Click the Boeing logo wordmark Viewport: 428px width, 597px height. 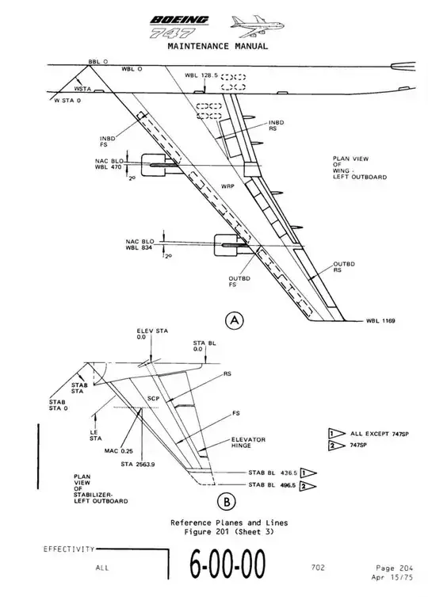(x=179, y=20)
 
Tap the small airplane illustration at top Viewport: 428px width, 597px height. (x=257, y=26)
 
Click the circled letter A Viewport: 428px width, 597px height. (x=235, y=320)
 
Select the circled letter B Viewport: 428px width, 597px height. (x=227, y=501)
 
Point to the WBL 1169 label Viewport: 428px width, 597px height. (x=380, y=320)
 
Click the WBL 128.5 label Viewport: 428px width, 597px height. (x=201, y=75)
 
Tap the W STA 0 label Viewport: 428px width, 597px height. (x=67, y=101)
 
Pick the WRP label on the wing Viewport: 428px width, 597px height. (x=227, y=186)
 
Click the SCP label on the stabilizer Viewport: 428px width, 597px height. (x=153, y=399)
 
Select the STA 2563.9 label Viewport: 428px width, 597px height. (x=137, y=464)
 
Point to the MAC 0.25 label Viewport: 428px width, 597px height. (x=118, y=451)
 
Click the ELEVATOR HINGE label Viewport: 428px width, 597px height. (x=248, y=442)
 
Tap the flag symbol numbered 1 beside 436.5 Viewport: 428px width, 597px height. (x=308, y=473)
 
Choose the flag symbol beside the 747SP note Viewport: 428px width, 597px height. (x=336, y=446)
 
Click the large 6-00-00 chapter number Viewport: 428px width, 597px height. (x=227, y=564)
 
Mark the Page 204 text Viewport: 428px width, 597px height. (x=394, y=568)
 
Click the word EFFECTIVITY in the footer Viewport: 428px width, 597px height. (x=69, y=549)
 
